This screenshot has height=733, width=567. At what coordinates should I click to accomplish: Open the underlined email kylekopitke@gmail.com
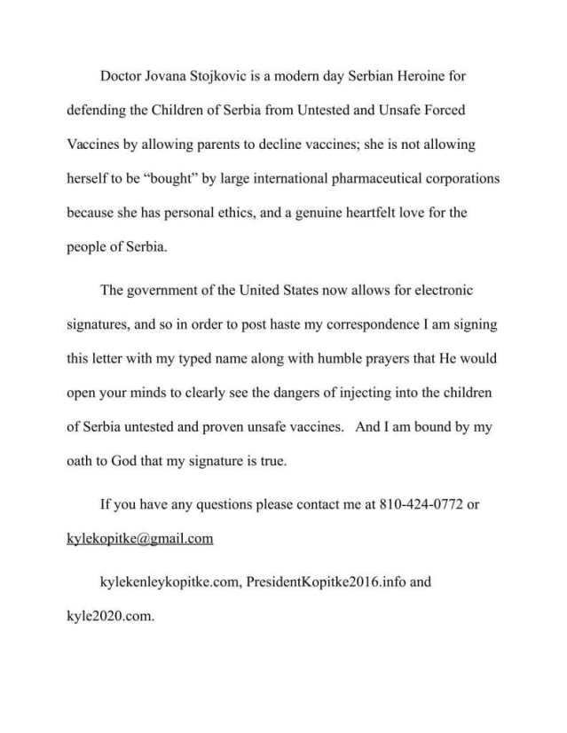click(x=140, y=539)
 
